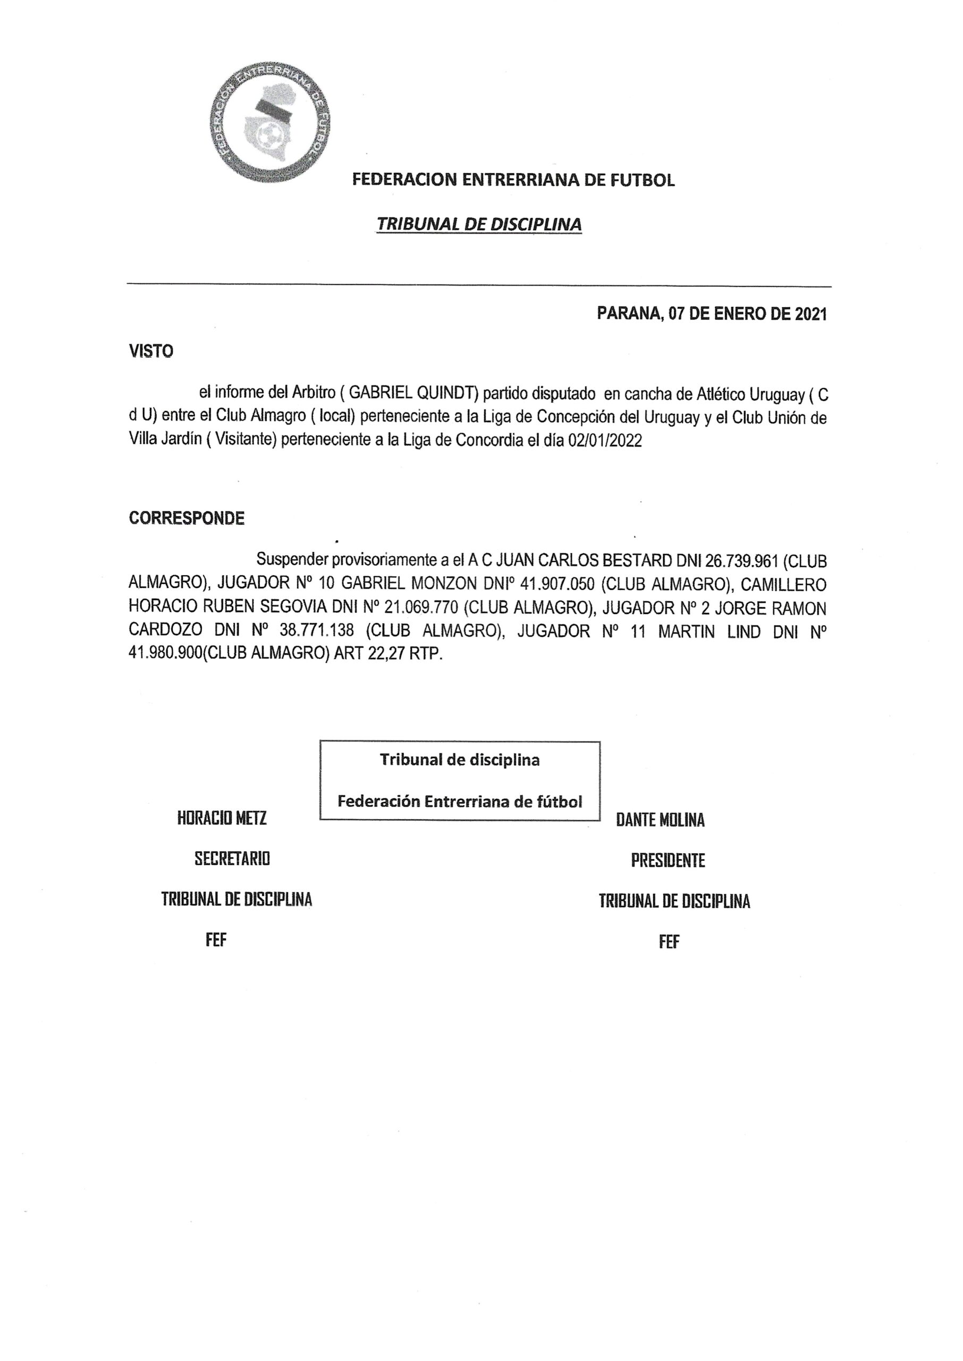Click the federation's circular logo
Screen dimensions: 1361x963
[271, 122]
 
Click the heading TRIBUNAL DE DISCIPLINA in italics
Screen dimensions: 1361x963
[479, 224]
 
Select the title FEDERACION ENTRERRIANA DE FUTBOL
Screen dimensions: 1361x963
[513, 180]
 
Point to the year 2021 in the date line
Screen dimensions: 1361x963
[810, 314]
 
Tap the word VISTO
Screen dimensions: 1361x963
[151, 351]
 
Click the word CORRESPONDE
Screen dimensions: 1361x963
[187, 518]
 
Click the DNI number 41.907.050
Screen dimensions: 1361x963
[557, 584]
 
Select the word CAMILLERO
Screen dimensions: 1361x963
[783, 584]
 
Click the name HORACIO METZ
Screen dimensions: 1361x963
[222, 818]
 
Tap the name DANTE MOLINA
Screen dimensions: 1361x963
[660, 820]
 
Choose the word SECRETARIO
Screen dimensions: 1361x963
[232, 859]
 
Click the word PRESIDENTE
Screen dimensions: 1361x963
[668, 861]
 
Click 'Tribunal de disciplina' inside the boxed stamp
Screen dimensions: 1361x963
[460, 760]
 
